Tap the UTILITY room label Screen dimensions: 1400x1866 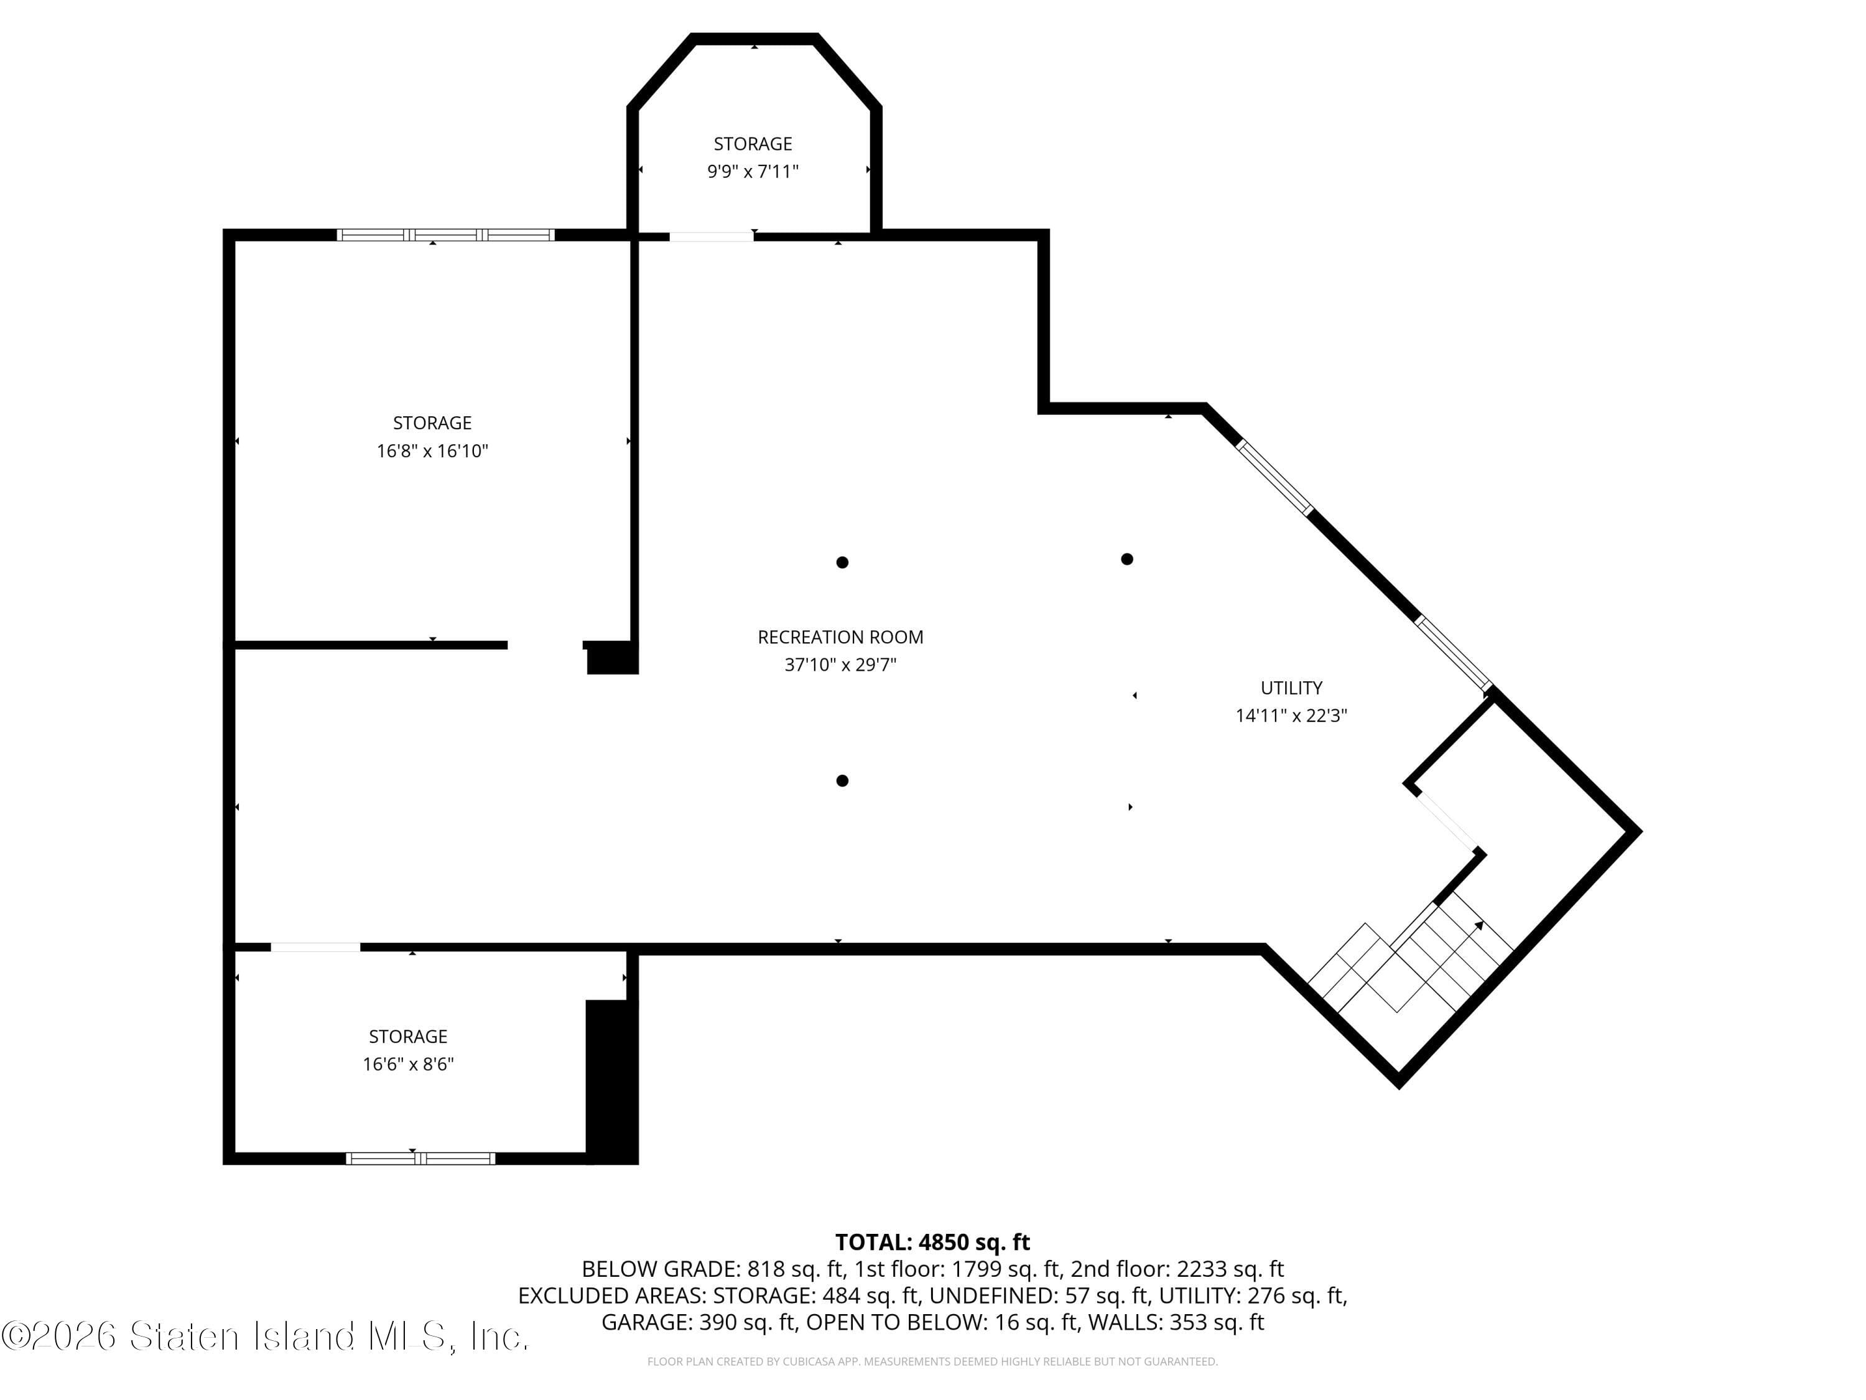(1291, 688)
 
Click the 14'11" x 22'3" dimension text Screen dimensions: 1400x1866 (1291, 716)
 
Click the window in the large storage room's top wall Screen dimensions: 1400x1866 (445, 235)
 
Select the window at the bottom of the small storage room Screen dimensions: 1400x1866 (420, 1159)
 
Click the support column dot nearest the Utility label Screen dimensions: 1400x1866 (1126, 559)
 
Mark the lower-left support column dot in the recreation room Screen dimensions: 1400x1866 (842, 781)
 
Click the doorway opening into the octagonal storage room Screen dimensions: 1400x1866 (711, 237)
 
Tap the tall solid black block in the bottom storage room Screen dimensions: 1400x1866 (611, 1082)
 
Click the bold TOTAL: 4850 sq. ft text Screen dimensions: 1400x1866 (932, 1242)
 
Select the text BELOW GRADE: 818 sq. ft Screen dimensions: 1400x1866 (713, 1269)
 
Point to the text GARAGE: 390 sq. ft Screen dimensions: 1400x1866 (699, 1322)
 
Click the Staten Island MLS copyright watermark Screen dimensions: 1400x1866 (266, 1336)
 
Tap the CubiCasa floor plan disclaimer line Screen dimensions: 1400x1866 (932, 1361)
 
